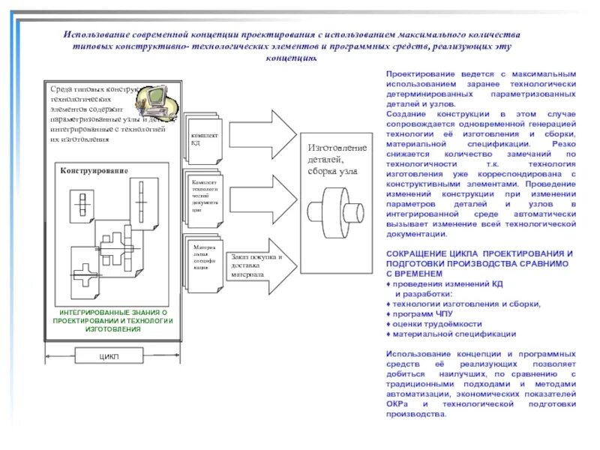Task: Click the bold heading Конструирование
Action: (x=94, y=171)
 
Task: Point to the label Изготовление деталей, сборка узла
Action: (x=337, y=159)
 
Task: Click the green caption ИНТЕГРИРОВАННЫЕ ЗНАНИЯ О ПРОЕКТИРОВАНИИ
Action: (x=112, y=320)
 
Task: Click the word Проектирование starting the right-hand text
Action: (x=415, y=75)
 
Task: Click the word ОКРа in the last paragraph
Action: (x=397, y=403)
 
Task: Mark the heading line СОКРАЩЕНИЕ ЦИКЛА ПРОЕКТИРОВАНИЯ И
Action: (x=479, y=253)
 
